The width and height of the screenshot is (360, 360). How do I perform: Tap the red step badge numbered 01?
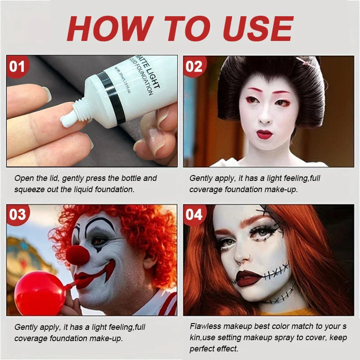coord(18,67)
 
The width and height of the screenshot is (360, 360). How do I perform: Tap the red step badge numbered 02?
coord(194,67)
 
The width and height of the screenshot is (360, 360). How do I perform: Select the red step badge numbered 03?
coord(18,215)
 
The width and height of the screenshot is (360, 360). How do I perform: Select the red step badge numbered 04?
coord(194,215)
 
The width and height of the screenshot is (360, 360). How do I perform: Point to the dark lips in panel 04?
coord(249,278)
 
